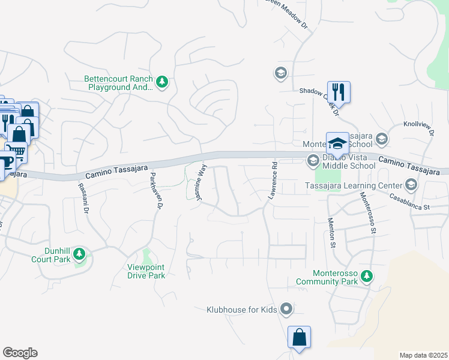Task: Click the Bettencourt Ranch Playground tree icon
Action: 161,82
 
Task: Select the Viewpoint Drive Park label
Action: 146,272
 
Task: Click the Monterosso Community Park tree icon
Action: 367,277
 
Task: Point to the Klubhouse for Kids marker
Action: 286,310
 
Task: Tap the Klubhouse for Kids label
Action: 241,310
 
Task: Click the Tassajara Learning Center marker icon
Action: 411,185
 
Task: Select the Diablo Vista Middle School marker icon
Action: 313,161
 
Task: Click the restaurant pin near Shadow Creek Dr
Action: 339,92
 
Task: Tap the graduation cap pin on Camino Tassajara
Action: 337,143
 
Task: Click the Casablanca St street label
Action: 410,201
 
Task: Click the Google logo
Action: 20,353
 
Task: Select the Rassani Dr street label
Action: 83,198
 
